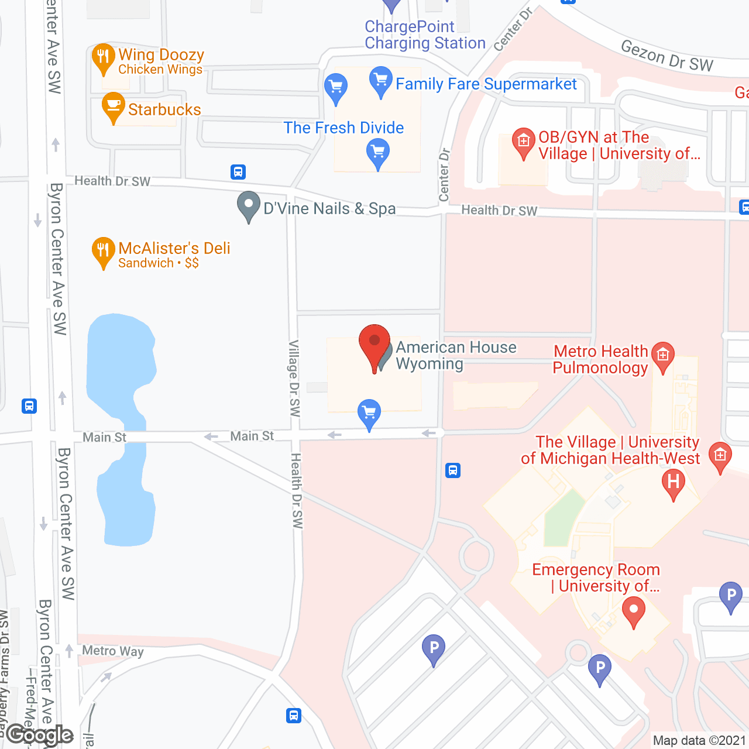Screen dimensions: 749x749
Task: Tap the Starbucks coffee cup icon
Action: pyautogui.click(x=113, y=106)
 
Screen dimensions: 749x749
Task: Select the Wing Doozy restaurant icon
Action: pyautogui.click(x=104, y=57)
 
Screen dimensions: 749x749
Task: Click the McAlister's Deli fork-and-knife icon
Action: pyautogui.click(x=103, y=250)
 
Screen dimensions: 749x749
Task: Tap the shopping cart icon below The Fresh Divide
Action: pyautogui.click(x=378, y=152)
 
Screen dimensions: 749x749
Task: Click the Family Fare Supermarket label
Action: pyautogui.click(x=486, y=84)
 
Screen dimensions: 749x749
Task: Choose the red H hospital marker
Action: pyautogui.click(x=673, y=483)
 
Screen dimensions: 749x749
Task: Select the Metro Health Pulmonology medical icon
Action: pyautogui.click(x=662, y=355)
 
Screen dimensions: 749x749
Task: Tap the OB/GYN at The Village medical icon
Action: pyautogui.click(x=523, y=141)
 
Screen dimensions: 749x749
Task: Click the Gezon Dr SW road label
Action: pyautogui.click(x=667, y=56)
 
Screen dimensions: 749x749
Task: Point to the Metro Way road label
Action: pyautogui.click(x=112, y=651)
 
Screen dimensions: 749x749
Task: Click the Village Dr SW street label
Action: pyautogui.click(x=294, y=378)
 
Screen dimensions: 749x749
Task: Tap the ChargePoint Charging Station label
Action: pyautogui.click(x=425, y=35)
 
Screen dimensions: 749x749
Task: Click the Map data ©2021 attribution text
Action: pyautogui.click(x=699, y=740)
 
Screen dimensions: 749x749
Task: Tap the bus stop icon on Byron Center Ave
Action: pyautogui.click(x=29, y=406)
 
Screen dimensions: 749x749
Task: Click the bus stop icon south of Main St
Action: pyautogui.click(x=453, y=470)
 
